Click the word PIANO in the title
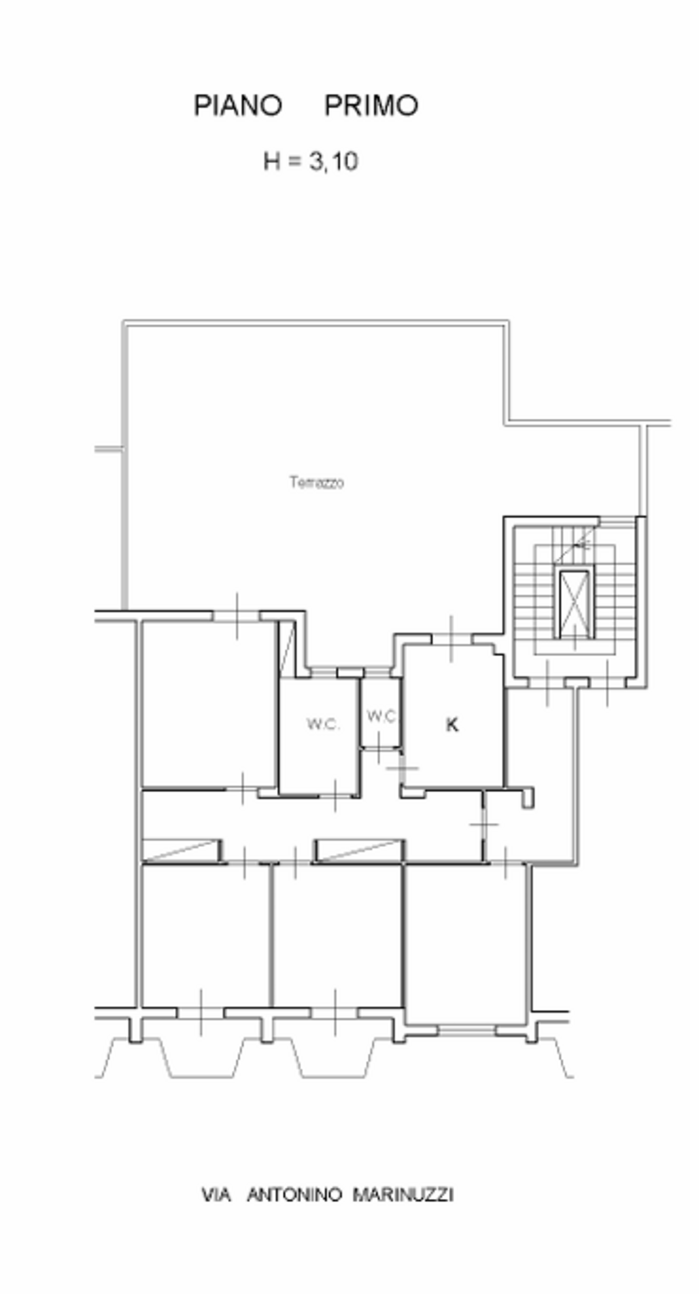point(238,106)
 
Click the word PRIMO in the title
point(371,106)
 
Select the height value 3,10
point(334,162)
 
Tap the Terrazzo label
point(317,482)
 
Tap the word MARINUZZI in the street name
point(403,1195)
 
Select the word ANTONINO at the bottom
point(295,1195)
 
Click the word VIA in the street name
point(217,1195)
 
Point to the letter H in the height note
point(272,162)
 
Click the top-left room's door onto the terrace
point(237,616)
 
